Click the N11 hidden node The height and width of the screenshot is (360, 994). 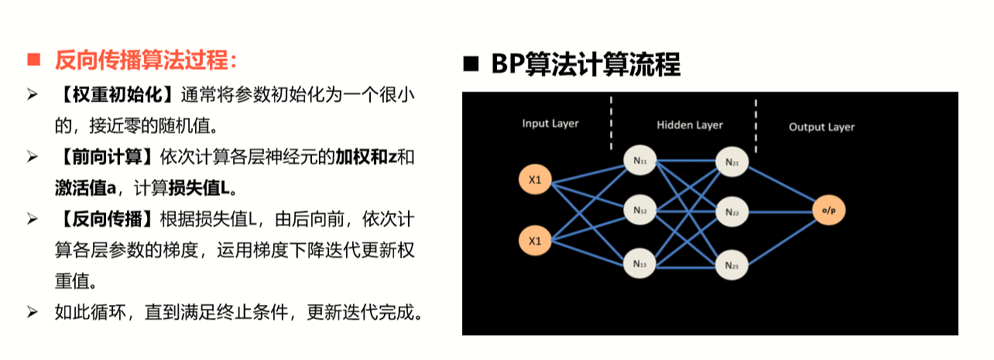[x=639, y=161]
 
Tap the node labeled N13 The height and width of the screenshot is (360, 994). [x=639, y=263]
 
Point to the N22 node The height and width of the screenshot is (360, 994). [x=732, y=211]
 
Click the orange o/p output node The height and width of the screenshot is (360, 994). [x=829, y=211]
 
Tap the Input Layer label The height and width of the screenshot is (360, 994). [x=550, y=123]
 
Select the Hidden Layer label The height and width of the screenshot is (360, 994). [x=689, y=125]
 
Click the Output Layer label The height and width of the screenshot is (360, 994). [x=821, y=127]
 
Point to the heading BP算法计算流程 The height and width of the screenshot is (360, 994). [x=585, y=65]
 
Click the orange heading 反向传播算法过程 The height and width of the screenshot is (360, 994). [x=146, y=60]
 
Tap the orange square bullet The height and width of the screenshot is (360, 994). [x=33, y=60]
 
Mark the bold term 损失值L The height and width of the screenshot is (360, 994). [x=202, y=187]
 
